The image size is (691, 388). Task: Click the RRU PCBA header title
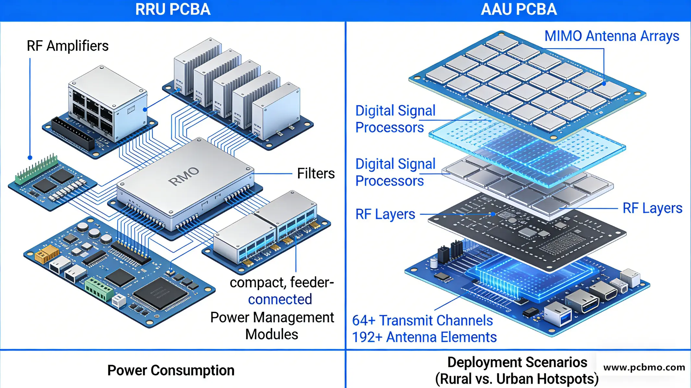[x=173, y=9]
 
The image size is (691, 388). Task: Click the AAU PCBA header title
[x=518, y=9]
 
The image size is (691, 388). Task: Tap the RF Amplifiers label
[x=67, y=46]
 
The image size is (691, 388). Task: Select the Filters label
[x=316, y=174]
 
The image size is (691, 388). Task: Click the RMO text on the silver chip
[x=184, y=176]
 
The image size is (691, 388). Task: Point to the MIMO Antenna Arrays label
[x=612, y=36]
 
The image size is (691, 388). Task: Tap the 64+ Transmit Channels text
[x=422, y=321]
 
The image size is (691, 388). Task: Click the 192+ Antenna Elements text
[x=424, y=337]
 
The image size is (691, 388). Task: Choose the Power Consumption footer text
[x=171, y=371]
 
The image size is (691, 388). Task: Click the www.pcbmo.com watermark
[x=644, y=368]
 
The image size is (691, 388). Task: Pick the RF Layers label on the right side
[x=652, y=208]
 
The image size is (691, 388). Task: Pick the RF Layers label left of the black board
[x=385, y=214]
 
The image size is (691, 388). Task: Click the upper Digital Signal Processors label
[x=395, y=119]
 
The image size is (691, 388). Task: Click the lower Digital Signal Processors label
[x=395, y=173]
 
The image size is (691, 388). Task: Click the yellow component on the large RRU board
[x=46, y=254]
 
